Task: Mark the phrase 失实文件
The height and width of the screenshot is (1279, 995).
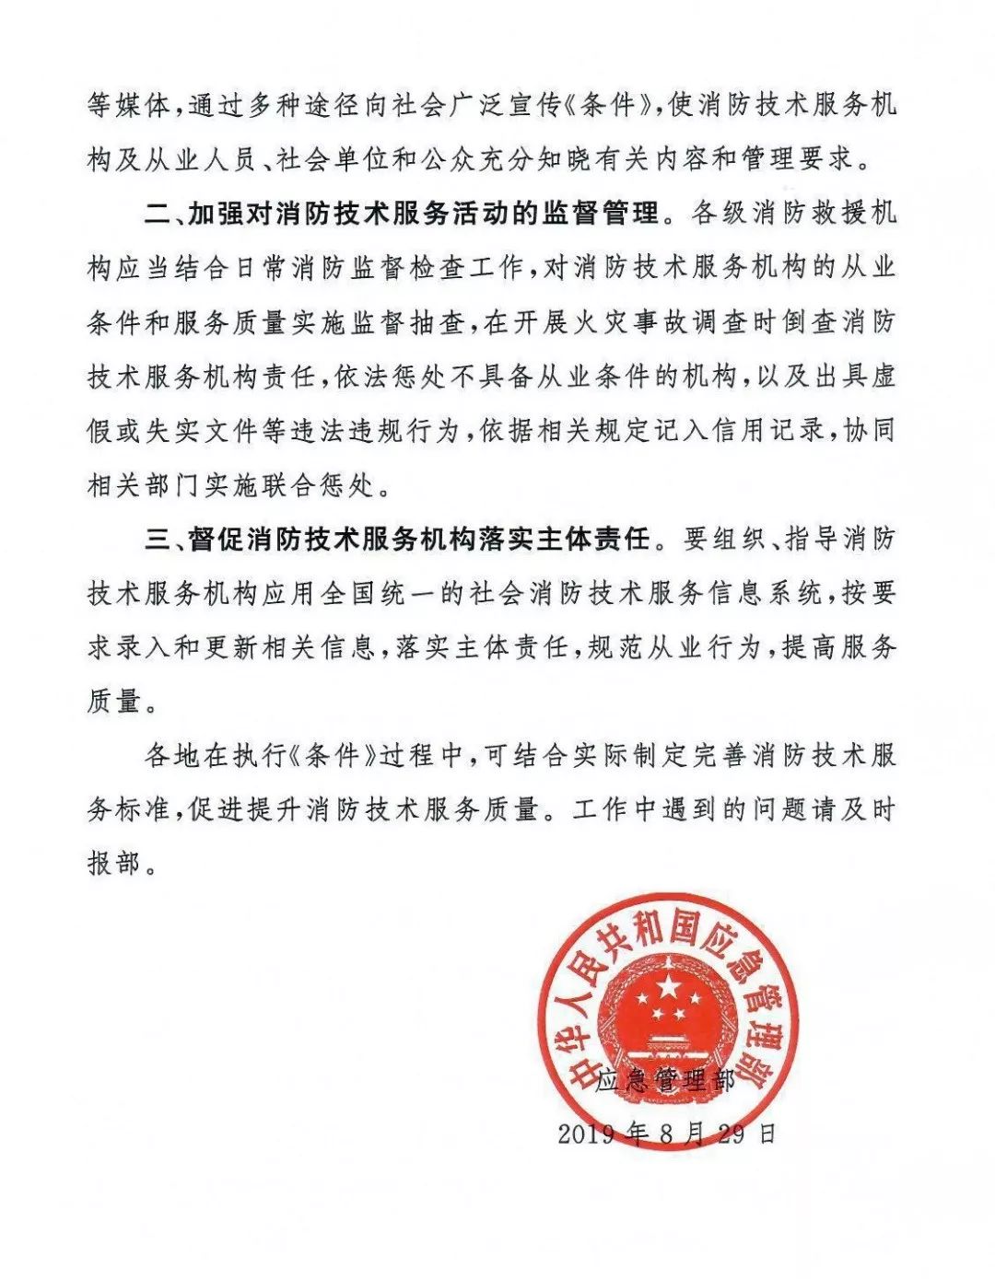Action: (201, 431)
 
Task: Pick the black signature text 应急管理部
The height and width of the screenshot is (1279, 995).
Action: (665, 1079)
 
